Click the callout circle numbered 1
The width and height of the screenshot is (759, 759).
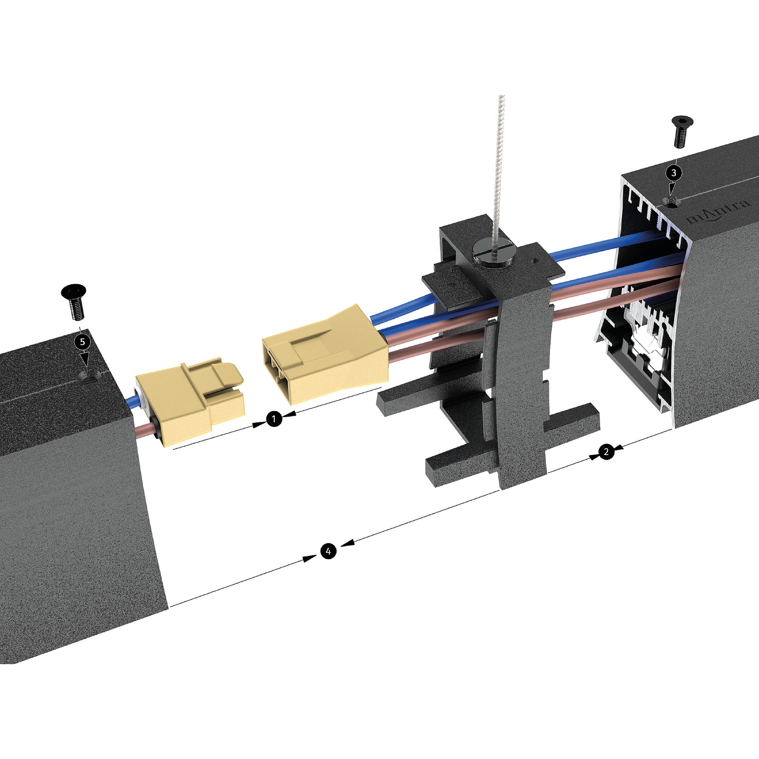pos(274,419)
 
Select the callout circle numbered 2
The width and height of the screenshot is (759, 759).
pos(606,451)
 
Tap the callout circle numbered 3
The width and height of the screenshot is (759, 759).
pos(674,173)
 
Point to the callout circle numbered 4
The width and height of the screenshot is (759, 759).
pos(328,551)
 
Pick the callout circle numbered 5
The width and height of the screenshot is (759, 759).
pos(83,342)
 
